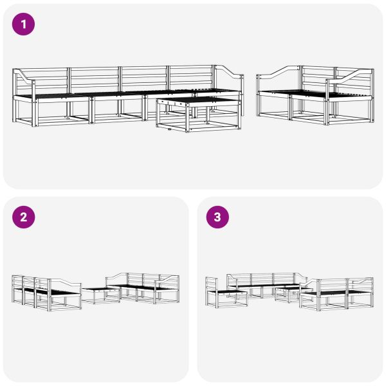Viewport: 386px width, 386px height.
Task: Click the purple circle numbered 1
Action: coord(24,24)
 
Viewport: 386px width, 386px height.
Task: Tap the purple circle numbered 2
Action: coord(24,217)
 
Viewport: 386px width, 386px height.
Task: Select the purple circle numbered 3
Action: coord(217,217)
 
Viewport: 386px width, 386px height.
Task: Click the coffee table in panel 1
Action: coord(198,115)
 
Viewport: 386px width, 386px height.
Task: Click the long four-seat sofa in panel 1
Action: coord(96,96)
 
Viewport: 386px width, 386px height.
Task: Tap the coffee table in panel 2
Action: coord(101,295)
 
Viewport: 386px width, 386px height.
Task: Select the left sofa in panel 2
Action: coord(45,291)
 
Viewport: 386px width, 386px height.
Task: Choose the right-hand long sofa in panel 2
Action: coord(145,289)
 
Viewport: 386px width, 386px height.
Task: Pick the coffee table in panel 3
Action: coord(290,293)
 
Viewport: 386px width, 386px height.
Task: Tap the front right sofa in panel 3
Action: coord(338,295)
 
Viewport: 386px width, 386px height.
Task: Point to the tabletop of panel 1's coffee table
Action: coord(198,101)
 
